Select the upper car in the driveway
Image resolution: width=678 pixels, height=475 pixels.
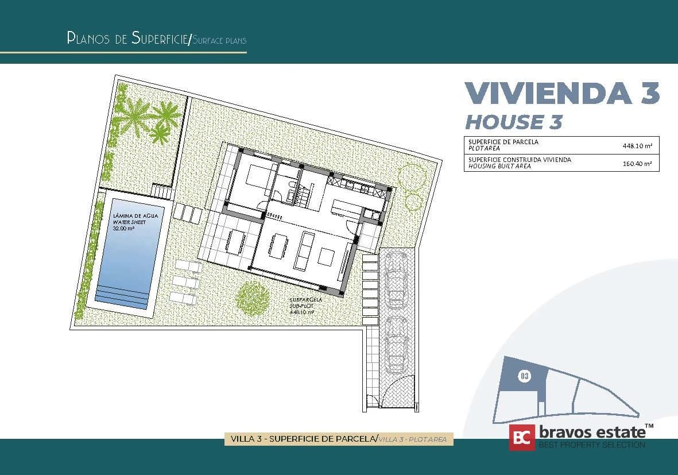397,280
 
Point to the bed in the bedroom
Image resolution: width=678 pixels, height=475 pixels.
260,176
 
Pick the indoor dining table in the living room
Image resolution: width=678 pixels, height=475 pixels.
280,245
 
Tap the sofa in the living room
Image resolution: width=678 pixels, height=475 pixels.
303,252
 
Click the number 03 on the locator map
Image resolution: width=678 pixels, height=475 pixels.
524,376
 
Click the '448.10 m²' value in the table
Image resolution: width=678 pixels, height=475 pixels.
637,146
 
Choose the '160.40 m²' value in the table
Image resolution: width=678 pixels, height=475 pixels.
637,164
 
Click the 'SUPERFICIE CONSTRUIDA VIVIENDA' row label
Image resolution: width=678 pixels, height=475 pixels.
520,160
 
